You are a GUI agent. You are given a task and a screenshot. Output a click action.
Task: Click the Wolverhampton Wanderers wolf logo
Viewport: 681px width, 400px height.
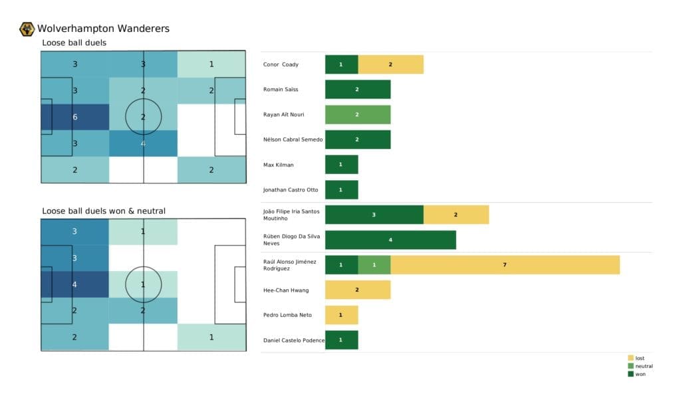coord(27,29)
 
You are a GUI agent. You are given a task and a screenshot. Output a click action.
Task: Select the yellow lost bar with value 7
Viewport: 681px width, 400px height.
coord(505,265)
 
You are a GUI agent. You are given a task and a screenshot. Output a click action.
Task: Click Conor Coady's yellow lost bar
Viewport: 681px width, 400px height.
coord(390,64)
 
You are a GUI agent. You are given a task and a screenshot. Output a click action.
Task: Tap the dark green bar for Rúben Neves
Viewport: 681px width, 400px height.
coord(390,240)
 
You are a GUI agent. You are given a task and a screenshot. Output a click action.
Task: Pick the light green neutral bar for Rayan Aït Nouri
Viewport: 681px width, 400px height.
coord(357,114)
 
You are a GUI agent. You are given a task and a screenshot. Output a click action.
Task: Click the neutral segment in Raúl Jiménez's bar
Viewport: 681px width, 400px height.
coord(374,265)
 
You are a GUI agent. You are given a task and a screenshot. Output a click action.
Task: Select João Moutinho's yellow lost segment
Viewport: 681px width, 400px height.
coord(456,215)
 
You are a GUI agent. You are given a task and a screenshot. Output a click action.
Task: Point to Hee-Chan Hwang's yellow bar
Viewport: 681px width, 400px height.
coord(357,290)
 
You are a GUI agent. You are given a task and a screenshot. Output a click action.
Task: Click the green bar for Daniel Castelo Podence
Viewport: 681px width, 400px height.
coord(341,340)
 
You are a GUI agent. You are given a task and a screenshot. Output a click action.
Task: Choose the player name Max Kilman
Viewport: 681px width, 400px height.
coord(278,165)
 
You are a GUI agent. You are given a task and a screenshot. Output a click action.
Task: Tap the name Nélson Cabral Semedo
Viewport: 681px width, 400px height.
coord(293,140)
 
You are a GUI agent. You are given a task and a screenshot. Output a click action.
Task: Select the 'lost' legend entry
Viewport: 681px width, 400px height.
coord(640,358)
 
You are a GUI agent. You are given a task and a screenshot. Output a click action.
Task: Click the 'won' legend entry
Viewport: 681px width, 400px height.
coord(640,374)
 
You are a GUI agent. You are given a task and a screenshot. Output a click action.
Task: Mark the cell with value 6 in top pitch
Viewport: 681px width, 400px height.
coord(74,117)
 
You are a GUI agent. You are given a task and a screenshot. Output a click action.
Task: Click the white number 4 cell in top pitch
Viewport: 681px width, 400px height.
coord(143,143)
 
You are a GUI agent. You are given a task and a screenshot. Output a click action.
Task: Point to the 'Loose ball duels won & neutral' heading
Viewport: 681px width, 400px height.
coord(104,211)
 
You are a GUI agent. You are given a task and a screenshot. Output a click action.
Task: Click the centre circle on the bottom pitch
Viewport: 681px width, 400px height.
coord(144,284)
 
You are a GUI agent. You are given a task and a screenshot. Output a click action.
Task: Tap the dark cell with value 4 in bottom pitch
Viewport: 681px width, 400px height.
coord(74,284)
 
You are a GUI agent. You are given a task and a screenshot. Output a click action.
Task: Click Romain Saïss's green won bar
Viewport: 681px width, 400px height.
coord(357,89)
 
